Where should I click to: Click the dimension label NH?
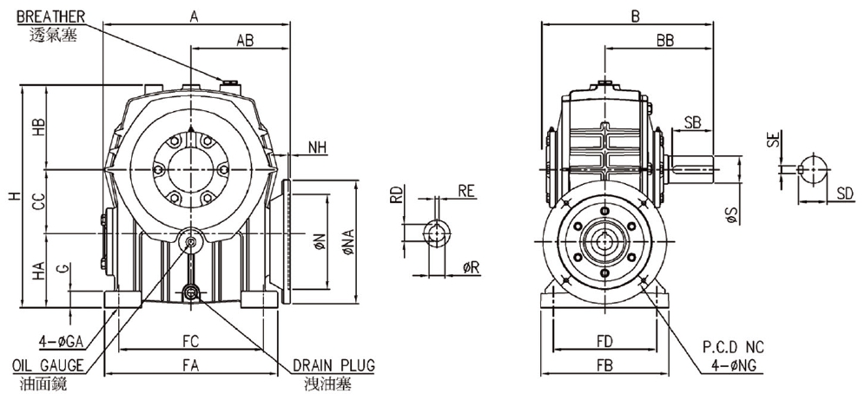319,148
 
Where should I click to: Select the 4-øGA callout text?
62,338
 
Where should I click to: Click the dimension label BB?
667,40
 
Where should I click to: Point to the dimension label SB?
692,121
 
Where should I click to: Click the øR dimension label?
472,268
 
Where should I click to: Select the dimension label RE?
466,191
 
